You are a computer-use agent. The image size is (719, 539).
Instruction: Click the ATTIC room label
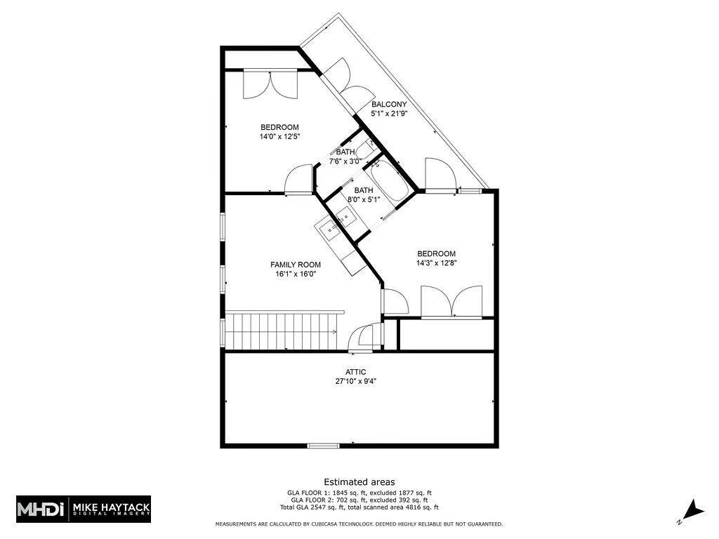click(355, 372)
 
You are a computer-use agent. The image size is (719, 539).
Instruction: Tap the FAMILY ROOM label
click(296, 265)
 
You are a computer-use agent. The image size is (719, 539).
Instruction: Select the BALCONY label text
click(389, 104)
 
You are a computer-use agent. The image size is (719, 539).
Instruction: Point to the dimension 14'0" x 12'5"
click(279, 137)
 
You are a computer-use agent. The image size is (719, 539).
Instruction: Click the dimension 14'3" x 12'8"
click(436, 264)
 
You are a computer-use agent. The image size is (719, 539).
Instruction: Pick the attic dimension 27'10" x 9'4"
click(355, 382)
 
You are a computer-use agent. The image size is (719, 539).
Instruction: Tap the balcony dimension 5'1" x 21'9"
click(389, 114)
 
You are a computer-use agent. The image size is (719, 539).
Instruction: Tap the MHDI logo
click(41, 508)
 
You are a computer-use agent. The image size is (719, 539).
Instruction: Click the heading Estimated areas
click(359, 482)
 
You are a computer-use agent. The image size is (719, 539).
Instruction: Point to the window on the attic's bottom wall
click(323, 445)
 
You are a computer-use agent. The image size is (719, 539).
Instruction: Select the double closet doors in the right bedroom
click(451, 302)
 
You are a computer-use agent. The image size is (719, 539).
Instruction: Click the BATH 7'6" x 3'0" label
click(345, 157)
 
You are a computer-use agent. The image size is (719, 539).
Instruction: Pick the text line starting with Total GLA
click(359, 507)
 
